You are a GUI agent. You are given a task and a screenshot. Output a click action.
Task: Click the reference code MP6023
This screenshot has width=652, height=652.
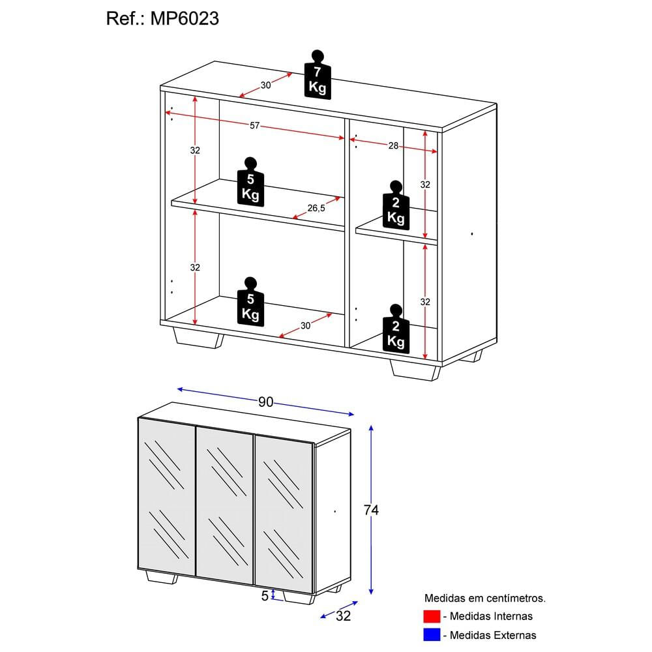coord(186,19)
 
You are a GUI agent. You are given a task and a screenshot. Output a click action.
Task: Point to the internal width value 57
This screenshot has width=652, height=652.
coord(254,125)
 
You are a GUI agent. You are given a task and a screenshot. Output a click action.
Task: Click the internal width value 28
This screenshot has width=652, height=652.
coord(393,146)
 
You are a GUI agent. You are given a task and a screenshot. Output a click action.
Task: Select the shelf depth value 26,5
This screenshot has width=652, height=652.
coord(316,208)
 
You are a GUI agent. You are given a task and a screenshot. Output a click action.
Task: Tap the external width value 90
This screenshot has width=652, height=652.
coord(265,402)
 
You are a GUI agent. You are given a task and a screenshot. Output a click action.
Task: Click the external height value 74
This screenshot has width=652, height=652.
coord(371,510)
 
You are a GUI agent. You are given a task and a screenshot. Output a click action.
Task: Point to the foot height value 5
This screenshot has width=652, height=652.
coord(265,595)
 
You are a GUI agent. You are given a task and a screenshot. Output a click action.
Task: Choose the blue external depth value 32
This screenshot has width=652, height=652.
coord(343,616)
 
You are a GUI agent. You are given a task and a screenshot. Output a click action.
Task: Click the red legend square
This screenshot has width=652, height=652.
coord(431,616)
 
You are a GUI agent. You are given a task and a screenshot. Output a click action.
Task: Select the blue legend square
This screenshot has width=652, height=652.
coord(431,634)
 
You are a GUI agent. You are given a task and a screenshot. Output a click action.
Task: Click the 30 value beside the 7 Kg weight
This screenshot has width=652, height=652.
coord(265,85)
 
